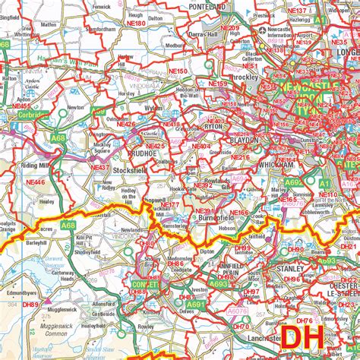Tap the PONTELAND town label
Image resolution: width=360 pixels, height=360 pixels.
[x=207, y=6]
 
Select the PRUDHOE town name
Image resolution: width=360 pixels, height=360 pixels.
[x=141, y=150]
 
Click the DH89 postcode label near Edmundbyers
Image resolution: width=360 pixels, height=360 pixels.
[x=31, y=304]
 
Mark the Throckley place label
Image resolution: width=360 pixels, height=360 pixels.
[x=228, y=77]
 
